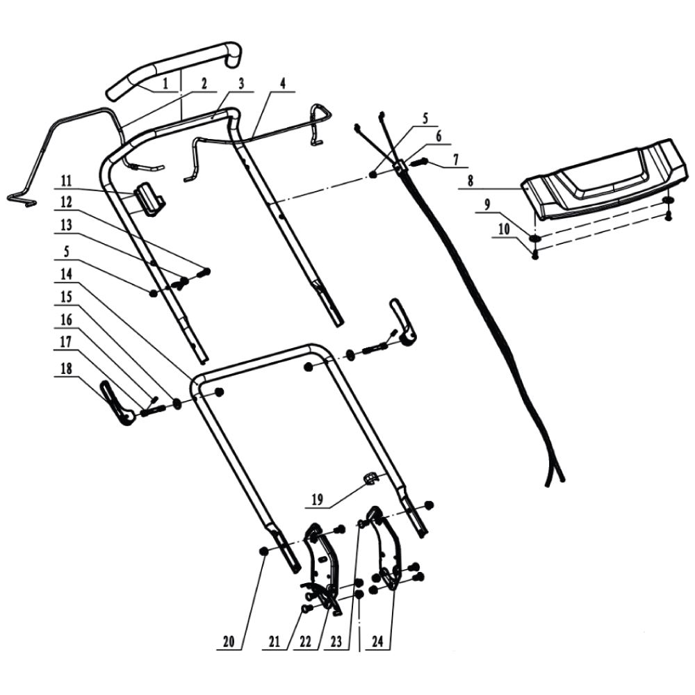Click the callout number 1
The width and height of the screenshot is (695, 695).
165,83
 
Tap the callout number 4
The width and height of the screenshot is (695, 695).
283,83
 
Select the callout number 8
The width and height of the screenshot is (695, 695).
471,181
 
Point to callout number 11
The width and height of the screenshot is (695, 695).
66,181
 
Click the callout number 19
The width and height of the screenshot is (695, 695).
318,500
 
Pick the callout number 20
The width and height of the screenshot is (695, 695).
229,641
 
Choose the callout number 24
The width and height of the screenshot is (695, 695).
377,641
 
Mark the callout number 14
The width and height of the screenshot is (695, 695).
66,273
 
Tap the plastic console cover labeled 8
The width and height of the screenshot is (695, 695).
605,179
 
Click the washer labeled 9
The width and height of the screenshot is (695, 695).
535,238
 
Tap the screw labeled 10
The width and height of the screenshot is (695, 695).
535,254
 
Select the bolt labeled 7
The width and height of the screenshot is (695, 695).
419,163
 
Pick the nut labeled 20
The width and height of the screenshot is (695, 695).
263,550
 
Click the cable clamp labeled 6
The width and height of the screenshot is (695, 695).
402,166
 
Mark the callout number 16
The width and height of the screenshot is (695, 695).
66,319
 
